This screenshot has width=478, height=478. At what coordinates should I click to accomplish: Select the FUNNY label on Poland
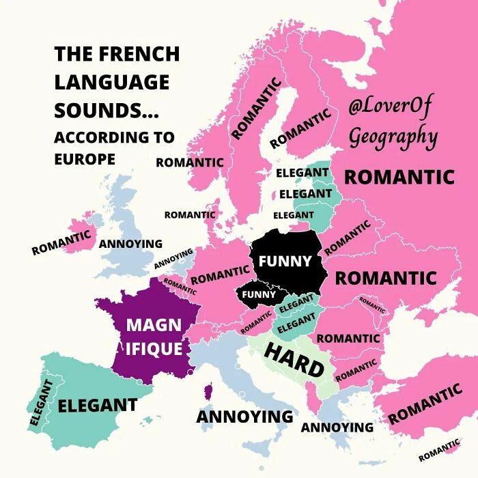click(285, 261)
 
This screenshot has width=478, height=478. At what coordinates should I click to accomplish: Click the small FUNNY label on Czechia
click(259, 294)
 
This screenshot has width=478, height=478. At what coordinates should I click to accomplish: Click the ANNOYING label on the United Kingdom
click(130, 244)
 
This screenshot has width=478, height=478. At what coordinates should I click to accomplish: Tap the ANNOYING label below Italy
click(244, 416)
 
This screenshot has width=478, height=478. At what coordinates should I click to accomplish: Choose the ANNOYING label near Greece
click(337, 427)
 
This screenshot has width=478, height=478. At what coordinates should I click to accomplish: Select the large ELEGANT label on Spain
click(97, 405)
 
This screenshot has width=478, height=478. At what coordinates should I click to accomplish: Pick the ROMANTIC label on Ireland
click(61, 242)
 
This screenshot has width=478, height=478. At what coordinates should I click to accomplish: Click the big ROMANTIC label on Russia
click(399, 177)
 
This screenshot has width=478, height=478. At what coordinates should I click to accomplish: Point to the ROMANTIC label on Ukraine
click(385, 278)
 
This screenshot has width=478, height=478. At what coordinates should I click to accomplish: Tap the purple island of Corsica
click(208, 391)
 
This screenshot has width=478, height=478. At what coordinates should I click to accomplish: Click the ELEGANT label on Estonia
click(302, 173)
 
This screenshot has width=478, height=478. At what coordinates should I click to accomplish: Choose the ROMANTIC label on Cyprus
click(439, 451)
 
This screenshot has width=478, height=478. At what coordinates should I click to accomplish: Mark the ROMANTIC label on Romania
click(348, 338)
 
